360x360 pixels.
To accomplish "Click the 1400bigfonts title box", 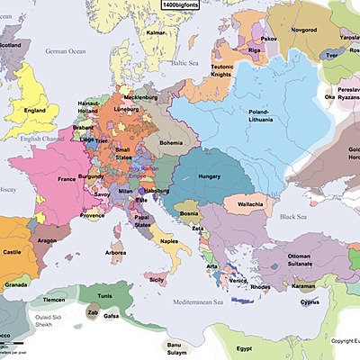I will pos(180,5).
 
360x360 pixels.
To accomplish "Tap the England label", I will pos(35,111).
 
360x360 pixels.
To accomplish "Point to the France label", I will pos(65,180).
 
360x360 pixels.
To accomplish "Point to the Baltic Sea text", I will pos(184,64).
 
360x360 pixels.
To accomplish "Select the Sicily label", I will pos(157,281).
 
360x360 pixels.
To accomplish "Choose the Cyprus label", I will pos(309,302).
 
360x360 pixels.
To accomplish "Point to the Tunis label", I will pos(106,294).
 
